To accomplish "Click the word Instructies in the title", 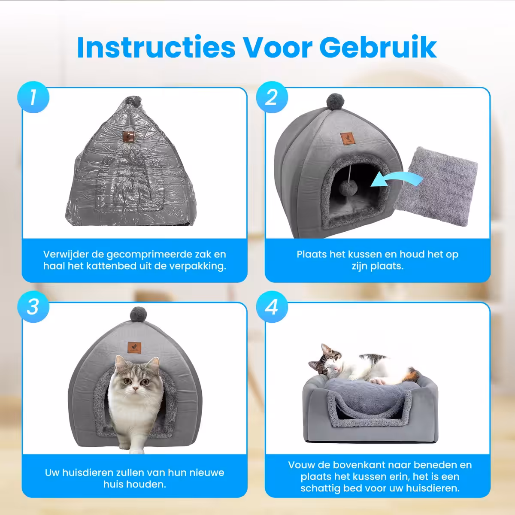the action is click(x=156, y=47).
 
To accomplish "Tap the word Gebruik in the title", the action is click(x=378, y=47).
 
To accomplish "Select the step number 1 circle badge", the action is click(x=33, y=97).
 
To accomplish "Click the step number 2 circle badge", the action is click(x=272, y=97).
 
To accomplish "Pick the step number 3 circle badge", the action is click(x=33, y=306).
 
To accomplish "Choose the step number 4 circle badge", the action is click(x=272, y=306).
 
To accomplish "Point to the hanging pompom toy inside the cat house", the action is click(x=348, y=188).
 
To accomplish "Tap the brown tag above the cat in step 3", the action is click(x=134, y=347).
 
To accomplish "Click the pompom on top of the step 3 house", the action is click(x=139, y=314).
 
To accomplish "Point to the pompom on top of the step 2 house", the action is click(x=336, y=102).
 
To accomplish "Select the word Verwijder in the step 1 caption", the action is click(x=66, y=254).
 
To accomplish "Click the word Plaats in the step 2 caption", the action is click(x=311, y=254).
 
